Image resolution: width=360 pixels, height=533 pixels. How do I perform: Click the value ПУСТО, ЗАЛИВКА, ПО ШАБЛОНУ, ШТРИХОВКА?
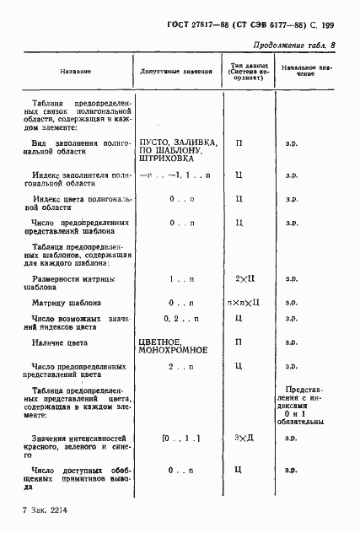coord(180,149)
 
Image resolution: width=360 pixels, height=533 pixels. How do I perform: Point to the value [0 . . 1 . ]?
coord(180,439)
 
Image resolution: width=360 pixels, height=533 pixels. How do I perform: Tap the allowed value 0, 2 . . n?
coord(180,318)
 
